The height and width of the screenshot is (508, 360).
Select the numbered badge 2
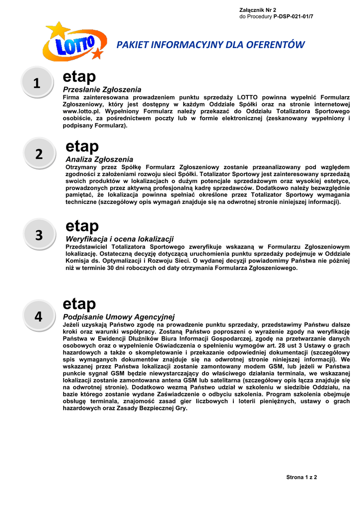39,154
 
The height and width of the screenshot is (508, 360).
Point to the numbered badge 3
39,236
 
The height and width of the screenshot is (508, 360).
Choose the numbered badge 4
39,316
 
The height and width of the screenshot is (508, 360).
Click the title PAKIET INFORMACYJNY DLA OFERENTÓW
210,45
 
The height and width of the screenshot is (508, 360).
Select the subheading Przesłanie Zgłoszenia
102,89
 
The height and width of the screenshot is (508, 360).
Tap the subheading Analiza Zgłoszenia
99,159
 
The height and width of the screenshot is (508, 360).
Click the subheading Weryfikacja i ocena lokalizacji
120,239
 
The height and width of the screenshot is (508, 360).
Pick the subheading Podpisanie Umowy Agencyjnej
119,317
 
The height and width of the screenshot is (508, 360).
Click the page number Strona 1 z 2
301,477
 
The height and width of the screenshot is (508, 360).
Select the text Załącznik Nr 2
258,10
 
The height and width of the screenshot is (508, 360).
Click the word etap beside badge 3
82,226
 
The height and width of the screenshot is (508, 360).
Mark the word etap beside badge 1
79,77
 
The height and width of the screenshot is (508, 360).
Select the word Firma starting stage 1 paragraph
72,97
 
